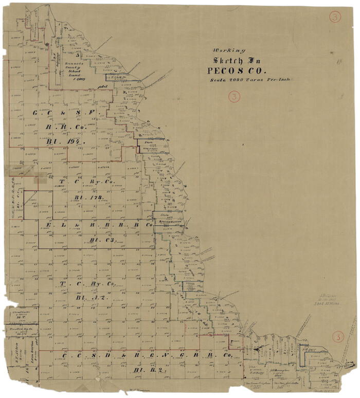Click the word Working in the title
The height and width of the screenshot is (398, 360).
pos(225,50)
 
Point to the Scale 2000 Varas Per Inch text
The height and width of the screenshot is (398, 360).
pos(250,80)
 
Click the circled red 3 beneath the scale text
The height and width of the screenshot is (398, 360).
pos(235,96)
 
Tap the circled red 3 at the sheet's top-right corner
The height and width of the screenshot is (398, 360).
pos(335,17)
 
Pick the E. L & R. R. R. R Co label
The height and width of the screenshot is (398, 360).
pos(100,225)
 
